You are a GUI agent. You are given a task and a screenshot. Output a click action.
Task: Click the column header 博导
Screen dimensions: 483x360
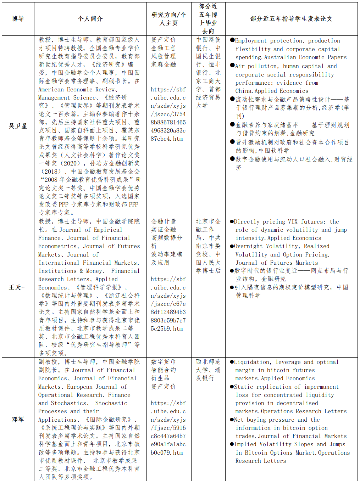(x=18, y=19)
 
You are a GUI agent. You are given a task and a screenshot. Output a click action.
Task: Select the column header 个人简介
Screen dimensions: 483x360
(x=90, y=19)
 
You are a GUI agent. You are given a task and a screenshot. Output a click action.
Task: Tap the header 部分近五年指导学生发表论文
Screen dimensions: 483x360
(x=291, y=19)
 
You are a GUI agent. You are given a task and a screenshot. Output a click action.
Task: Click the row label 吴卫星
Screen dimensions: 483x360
(x=18, y=126)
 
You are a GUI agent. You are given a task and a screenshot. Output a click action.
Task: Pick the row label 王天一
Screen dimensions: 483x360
(x=18, y=287)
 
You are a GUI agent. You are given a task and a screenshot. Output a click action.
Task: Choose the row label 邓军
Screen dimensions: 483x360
(x=18, y=419)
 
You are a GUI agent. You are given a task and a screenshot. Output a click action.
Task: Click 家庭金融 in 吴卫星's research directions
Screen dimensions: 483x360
(x=164, y=64)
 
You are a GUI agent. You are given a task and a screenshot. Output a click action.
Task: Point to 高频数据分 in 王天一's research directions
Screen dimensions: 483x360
(x=166, y=238)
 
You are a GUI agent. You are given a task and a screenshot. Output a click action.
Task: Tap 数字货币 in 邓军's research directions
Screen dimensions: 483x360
(x=164, y=362)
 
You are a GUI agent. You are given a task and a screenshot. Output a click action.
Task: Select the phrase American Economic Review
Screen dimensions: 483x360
(x=76, y=90)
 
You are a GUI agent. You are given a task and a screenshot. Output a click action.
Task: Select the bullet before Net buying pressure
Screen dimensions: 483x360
(x=232, y=420)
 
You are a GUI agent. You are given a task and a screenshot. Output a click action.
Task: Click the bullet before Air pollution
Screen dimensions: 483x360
(x=232, y=66)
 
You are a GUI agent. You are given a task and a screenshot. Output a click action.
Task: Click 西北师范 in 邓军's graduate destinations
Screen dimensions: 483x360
(x=208, y=362)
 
